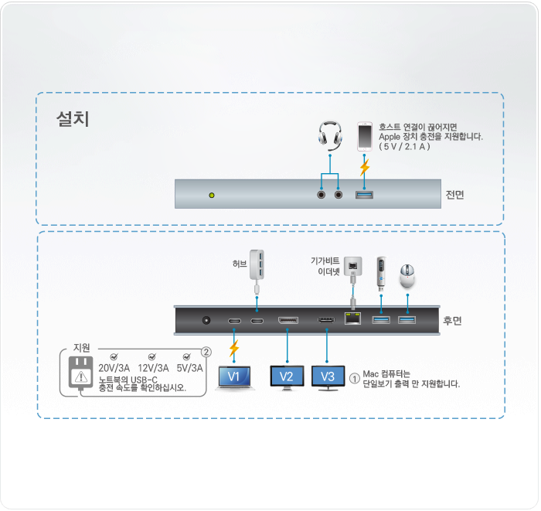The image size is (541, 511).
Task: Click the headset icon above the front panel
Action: point(330,135)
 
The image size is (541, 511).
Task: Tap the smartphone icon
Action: point(364,136)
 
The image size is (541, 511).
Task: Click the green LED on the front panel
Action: point(212,196)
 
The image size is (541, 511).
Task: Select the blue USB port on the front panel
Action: point(364,195)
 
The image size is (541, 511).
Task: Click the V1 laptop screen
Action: point(234,376)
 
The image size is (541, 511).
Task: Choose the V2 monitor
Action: point(287,378)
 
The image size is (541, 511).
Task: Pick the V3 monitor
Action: point(328,378)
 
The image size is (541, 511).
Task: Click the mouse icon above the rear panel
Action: point(407,276)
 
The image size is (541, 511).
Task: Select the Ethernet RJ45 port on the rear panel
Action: point(352,319)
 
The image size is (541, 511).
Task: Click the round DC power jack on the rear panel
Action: point(206,321)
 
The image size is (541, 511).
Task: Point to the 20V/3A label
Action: point(114,368)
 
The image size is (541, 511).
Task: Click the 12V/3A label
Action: point(154,368)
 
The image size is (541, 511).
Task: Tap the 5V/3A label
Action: point(190,368)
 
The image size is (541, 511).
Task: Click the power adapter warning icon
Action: point(80,376)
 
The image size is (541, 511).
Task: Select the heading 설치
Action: point(73,119)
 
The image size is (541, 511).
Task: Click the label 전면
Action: point(454,195)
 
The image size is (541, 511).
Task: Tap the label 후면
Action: point(452,321)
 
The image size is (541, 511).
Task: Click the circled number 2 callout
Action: point(206,352)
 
